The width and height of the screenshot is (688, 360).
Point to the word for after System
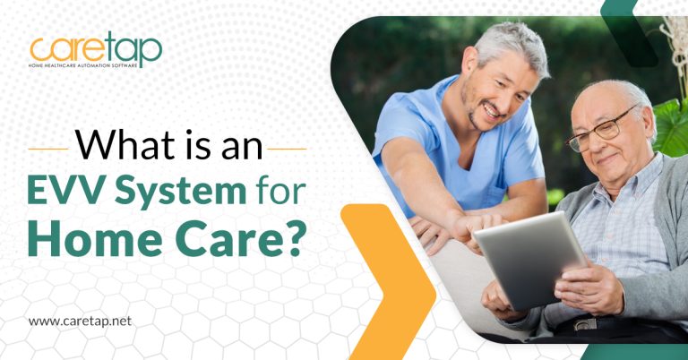tap(278, 192)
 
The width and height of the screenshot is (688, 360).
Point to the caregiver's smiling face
tap(506, 90)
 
